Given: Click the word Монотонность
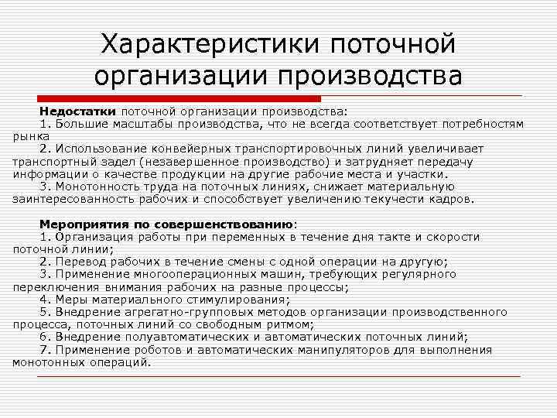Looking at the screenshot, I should click(100, 187).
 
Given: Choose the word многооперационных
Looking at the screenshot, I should click(193, 274).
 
